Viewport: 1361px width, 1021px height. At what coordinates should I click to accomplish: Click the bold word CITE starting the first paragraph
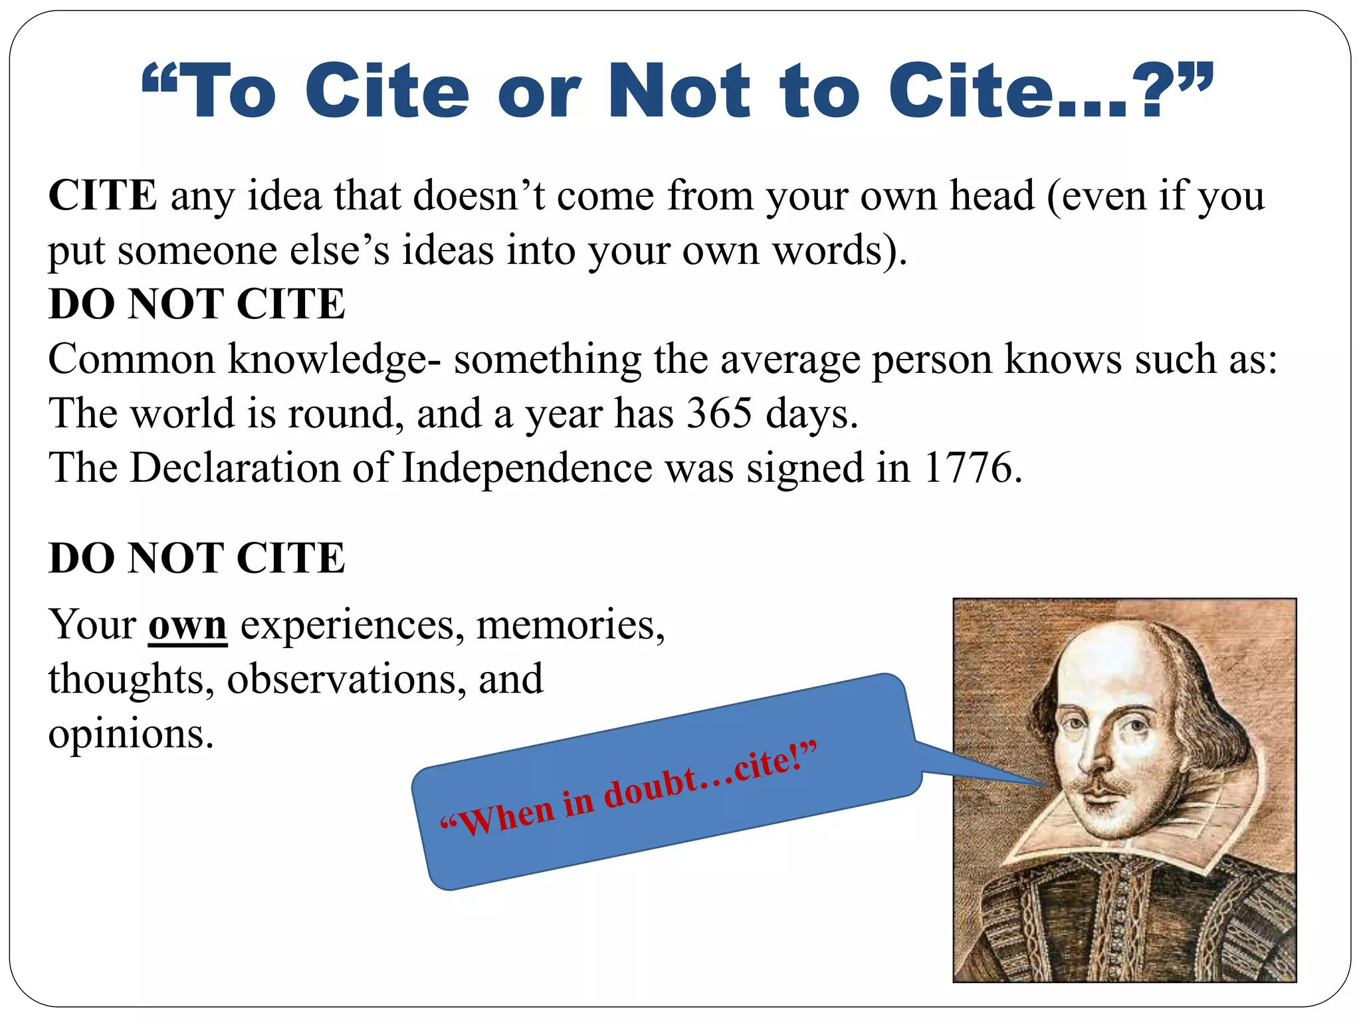click(x=103, y=195)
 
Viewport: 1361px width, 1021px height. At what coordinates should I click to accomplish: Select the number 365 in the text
click(x=720, y=413)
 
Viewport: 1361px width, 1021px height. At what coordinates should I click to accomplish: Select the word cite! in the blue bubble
click(x=771, y=761)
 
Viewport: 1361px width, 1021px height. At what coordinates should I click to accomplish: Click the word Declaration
click(x=235, y=467)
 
